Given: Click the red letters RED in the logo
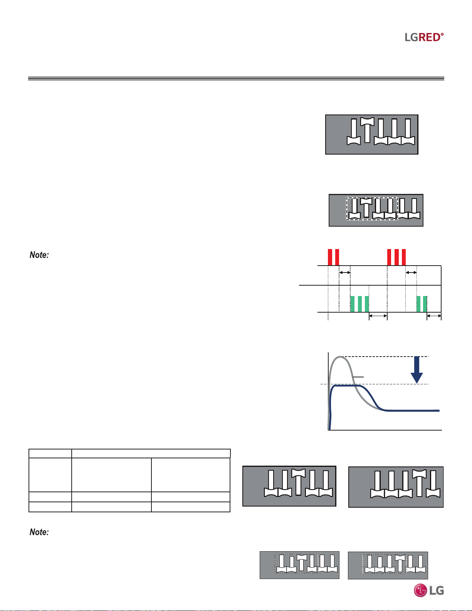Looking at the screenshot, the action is click(x=429, y=37).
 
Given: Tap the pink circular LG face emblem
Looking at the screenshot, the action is click(x=420, y=590).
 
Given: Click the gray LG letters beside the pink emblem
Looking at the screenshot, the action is click(x=437, y=590).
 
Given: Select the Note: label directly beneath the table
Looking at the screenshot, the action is click(x=39, y=532).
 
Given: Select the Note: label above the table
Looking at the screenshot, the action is click(x=39, y=255).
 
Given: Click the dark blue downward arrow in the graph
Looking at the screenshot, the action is click(x=417, y=370).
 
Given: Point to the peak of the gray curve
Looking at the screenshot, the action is click(x=340, y=357).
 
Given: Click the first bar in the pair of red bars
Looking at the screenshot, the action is click(x=330, y=257).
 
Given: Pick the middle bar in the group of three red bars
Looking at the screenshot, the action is click(x=396, y=257).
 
